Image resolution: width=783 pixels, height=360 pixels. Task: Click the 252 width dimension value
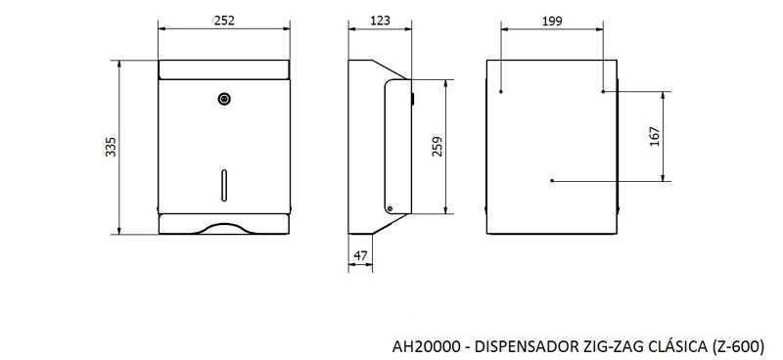(224, 21)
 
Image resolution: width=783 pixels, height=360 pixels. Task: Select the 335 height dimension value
(111, 147)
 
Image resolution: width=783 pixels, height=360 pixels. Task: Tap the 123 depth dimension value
(380, 21)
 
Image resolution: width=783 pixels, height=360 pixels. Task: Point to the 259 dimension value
(438, 147)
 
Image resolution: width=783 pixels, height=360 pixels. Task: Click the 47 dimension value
(360, 255)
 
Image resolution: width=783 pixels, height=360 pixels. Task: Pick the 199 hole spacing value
(552, 21)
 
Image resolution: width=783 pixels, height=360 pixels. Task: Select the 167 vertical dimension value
(655, 136)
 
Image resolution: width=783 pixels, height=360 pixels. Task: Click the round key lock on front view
(224, 99)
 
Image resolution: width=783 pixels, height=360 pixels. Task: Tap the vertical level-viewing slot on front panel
(224, 185)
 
